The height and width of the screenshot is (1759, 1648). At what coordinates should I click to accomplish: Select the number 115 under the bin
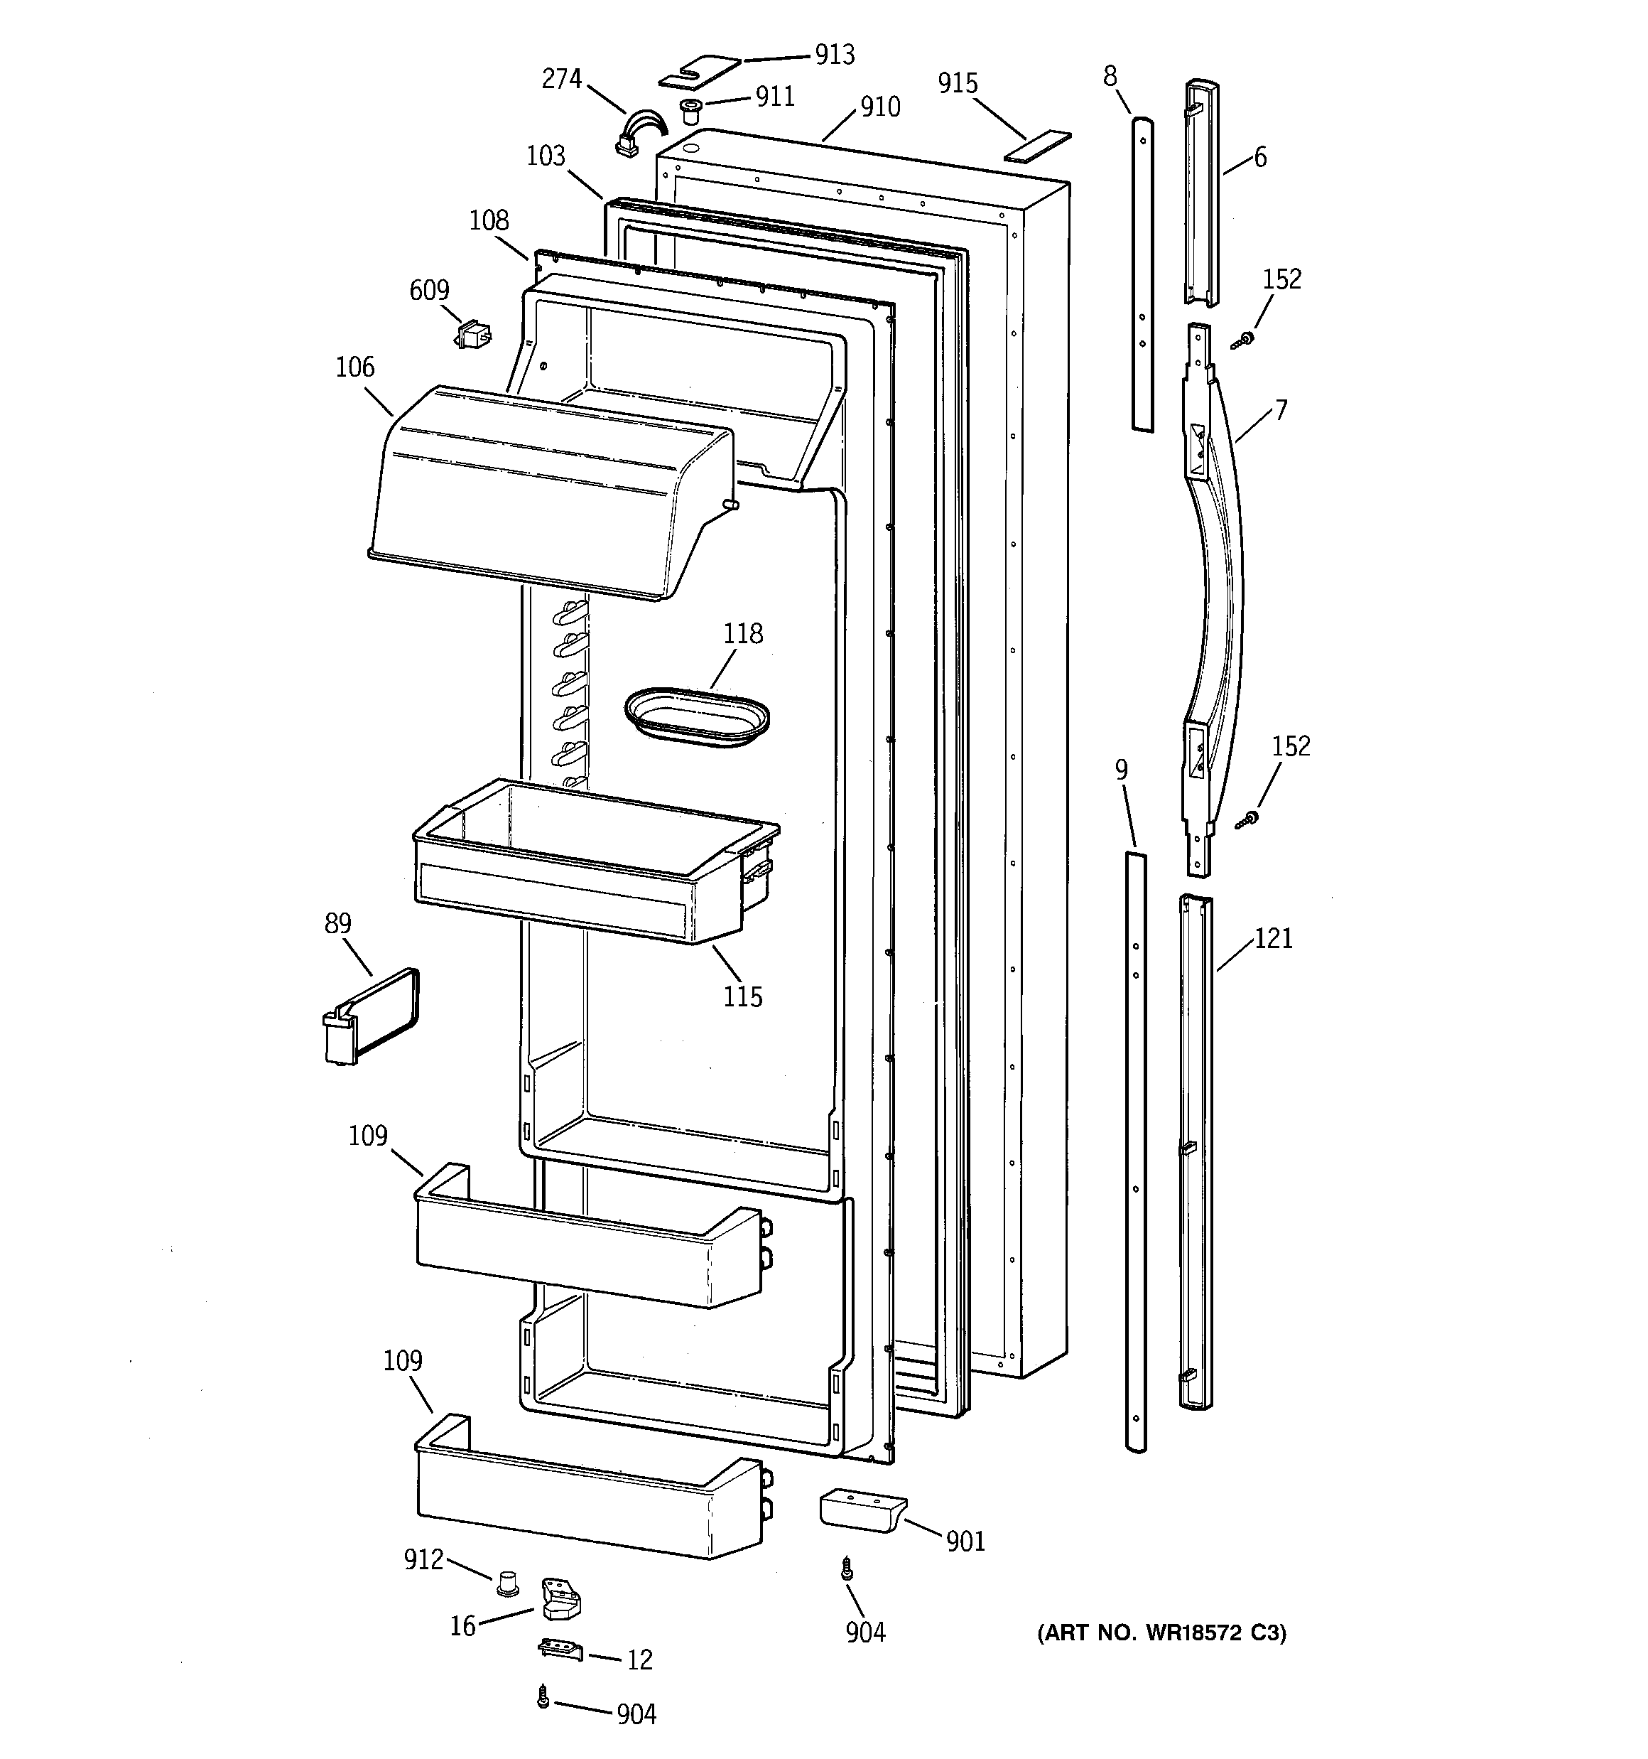click(x=742, y=997)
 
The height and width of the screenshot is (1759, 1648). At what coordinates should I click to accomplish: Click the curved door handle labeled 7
click(x=1215, y=602)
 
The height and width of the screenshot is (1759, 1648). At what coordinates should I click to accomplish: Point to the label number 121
click(x=1273, y=938)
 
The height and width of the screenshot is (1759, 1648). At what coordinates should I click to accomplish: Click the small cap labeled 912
click(x=507, y=1583)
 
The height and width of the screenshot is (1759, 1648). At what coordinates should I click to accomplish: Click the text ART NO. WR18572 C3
click(x=1161, y=1632)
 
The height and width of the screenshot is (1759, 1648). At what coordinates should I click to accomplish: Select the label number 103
click(x=545, y=156)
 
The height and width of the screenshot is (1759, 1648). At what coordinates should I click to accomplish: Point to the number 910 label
click(x=879, y=107)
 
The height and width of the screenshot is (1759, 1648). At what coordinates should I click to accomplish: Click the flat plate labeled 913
click(x=699, y=72)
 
